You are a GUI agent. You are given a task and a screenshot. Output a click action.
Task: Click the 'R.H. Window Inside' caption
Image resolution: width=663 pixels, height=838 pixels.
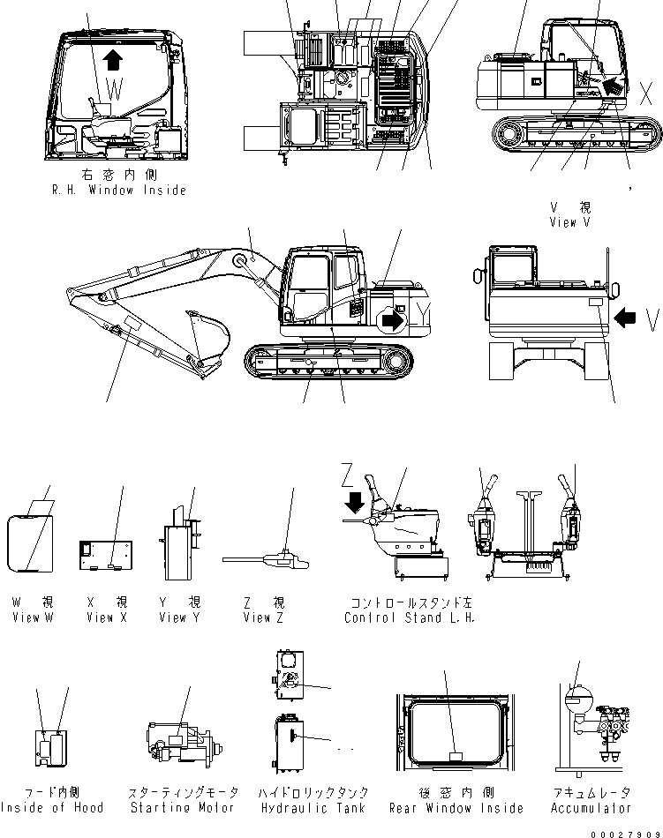click(x=118, y=191)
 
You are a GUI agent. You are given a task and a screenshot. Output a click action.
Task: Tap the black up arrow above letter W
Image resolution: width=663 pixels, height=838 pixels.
click(x=112, y=60)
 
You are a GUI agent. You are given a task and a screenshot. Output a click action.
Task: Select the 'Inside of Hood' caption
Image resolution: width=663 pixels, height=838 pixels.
click(x=52, y=807)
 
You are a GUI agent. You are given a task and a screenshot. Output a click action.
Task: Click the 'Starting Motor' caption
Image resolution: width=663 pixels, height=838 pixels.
click(x=183, y=807)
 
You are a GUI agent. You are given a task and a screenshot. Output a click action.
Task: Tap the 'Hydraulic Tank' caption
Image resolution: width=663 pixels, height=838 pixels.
click(x=314, y=807)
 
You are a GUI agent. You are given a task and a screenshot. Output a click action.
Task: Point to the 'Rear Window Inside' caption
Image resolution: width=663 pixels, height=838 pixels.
click(x=456, y=807)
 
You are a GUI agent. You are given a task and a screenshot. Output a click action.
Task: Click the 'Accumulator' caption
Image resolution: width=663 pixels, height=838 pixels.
click(x=591, y=807)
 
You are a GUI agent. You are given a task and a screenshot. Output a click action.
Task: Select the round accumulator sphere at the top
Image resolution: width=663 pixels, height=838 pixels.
click(x=576, y=700)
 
